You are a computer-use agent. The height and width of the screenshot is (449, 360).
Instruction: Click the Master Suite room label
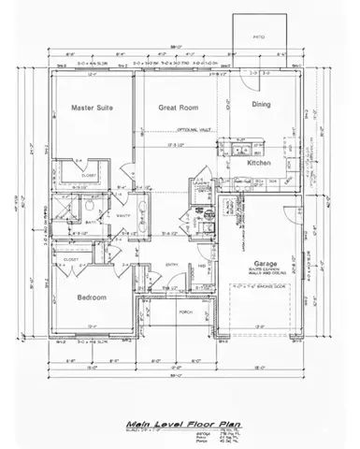click(x=92, y=108)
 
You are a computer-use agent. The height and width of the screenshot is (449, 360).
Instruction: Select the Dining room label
click(x=261, y=105)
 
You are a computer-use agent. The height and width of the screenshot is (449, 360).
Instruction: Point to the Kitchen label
click(x=259, y=163)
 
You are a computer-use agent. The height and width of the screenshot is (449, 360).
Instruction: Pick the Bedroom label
click(x=92, y=297)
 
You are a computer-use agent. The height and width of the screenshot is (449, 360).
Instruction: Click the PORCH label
click(x=185, y=312)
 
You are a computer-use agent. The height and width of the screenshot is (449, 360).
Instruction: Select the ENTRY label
click(x=172, y=266)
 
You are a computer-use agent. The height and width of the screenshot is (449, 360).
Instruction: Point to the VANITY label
click(x=122, y=216)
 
